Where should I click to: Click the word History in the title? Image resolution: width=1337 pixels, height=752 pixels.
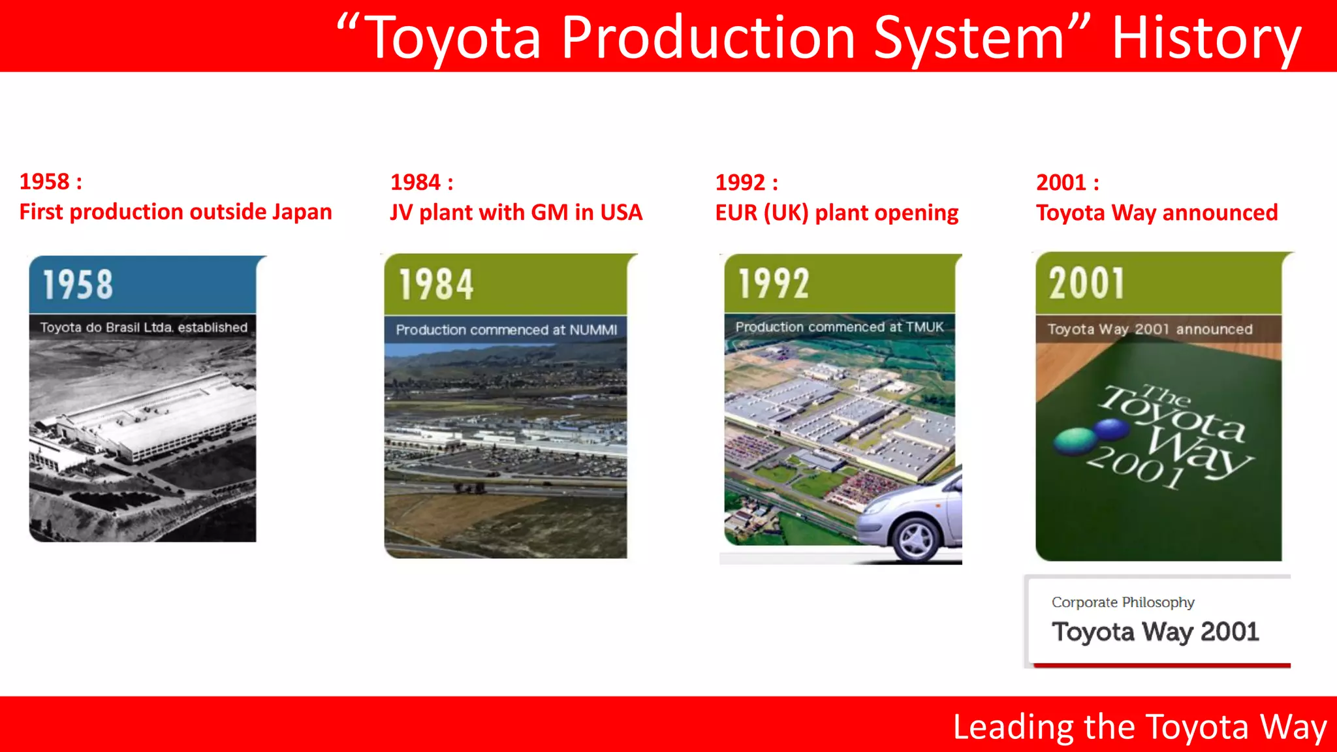tap(1206, 39)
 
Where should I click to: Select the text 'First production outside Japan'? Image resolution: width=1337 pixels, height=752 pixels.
tap(176, 212)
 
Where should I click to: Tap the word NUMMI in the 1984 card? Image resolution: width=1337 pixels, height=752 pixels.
tap(593, 330)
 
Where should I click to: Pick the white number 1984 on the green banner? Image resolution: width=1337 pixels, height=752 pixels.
tap(436, 285)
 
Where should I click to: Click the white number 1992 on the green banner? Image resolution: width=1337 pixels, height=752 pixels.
tap(774, 284)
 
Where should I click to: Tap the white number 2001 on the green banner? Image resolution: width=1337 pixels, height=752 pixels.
tap(1087, 284)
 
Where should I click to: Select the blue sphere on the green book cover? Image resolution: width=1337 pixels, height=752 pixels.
tap(1111, 429)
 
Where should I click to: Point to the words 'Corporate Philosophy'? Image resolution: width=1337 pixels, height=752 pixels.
tap(1123, 603)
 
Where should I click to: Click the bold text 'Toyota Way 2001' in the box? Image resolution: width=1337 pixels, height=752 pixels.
tap(1155, 632)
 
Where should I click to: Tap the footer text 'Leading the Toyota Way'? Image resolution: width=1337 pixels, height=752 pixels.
tap(1139, 727)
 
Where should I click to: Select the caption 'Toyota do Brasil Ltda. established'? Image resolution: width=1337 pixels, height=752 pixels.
tap(144, 328)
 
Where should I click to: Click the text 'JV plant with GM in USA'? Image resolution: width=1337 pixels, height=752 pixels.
tap(516, 213)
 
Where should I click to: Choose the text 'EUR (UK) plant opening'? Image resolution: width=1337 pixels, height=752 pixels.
tap(836, 213)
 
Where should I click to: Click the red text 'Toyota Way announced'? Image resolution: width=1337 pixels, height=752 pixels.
tap(1156, 213)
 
